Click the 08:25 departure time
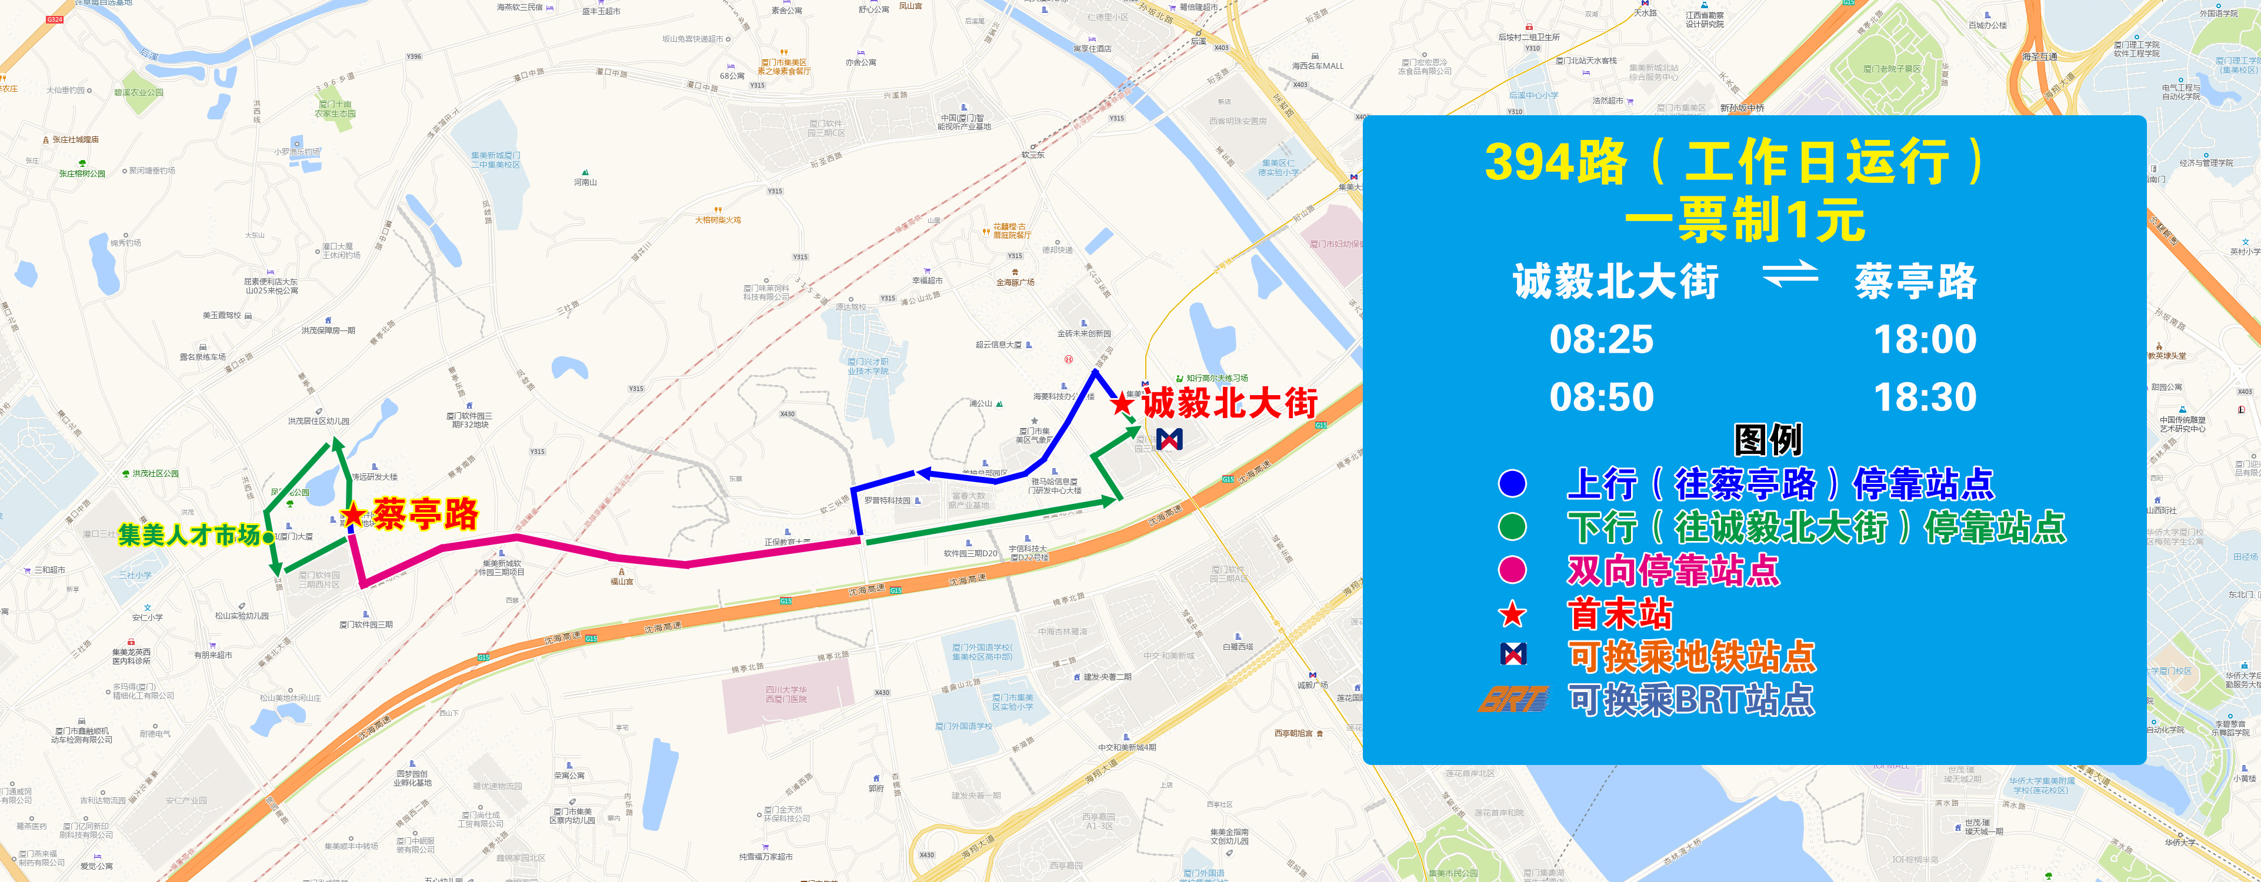pos(1601,340)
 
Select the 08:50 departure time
pos(1601,397)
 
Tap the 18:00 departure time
pos(1925,340)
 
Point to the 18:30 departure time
pos(1925,397)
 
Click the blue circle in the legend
pos(1512,483)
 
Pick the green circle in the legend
pos(1512,527)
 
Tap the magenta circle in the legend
pos(1512,570)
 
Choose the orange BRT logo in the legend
pos(1512,700)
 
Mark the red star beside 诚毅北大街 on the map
pos(1121,404)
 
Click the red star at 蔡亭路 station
pos(353,514)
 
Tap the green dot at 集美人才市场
pos(268,537)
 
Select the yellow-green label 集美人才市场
pos(189,534)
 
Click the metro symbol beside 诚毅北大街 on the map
pos(1169,439)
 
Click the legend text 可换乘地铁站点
pos(1692,656)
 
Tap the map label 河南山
pos(585,182)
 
